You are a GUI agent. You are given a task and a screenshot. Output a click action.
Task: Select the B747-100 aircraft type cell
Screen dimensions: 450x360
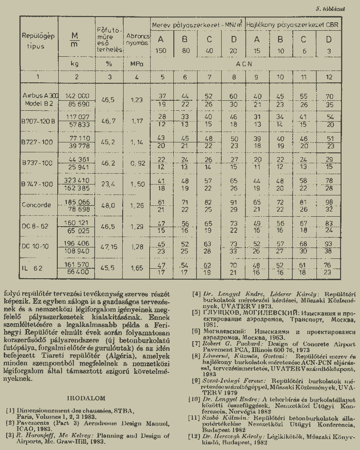(x=38, y=184)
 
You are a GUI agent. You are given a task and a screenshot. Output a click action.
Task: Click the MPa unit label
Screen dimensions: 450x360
(x=136, y=62)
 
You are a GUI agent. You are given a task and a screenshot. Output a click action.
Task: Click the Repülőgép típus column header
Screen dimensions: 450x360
(x=38, y=41)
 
